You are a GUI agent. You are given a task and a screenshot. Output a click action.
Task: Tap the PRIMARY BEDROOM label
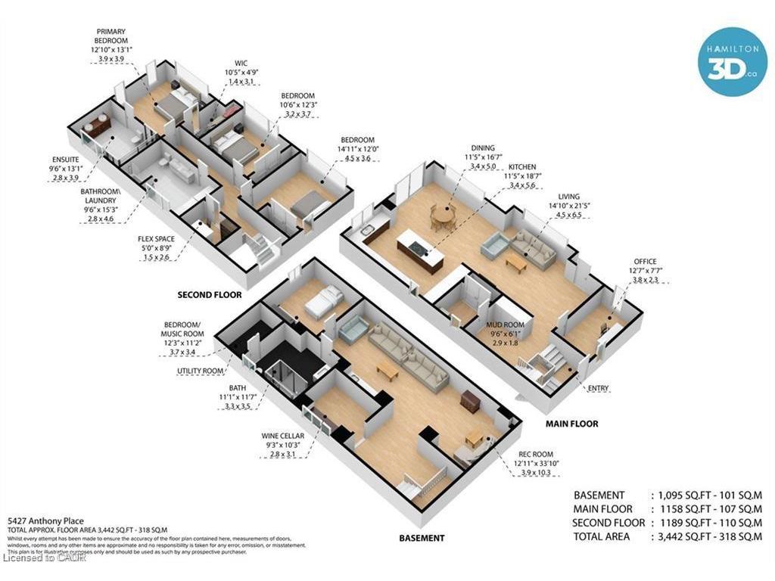pyautogui.click(x=110, y=36)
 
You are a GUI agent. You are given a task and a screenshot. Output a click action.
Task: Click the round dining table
pyautogui.click(x=444, y=217)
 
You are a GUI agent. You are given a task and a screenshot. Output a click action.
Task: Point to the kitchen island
pyautogui.click(x=418, y=250)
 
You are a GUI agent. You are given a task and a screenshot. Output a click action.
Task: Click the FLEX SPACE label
pyautogui.click(x=156, y=239)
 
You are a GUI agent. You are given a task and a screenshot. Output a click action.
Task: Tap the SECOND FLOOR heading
pyautogui.click(x=210, y=294)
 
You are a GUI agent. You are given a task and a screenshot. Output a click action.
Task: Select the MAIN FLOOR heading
pyautogui.click(x=572, y=424)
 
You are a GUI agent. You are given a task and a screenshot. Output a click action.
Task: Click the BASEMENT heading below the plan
pyautogui.click(x=422, y=538)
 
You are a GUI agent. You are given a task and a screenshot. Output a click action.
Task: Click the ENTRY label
pyautogui.click(x=598, y=389)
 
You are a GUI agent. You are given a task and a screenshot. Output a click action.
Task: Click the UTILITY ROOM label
pyautogui.click(x=200, y=371)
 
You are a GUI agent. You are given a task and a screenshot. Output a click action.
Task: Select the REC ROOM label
pyautogui.click(x=535, y=454)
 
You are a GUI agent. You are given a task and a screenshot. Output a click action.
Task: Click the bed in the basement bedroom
pyautogui.click(x=319, y=303)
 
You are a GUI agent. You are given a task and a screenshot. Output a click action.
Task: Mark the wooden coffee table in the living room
pyautogui.click(x=517, y=262)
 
